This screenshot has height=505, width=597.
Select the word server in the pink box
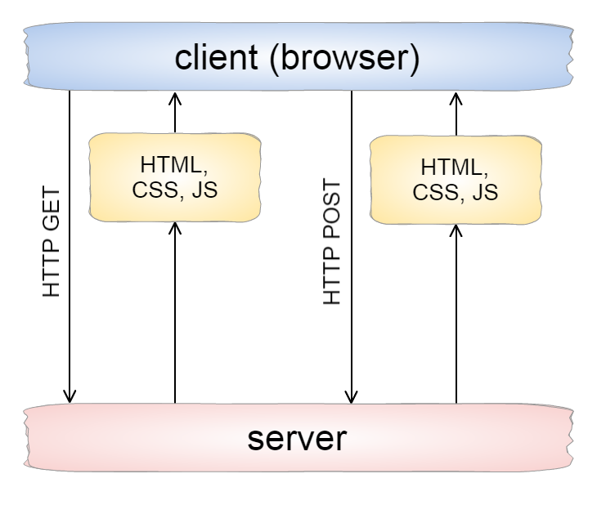point(297,439)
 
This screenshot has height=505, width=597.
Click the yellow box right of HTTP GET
point(175,177)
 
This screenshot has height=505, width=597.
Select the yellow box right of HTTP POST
point(456,180)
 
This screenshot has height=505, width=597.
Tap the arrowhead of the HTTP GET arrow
point(70,396)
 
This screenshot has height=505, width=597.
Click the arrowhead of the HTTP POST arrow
point(352,396)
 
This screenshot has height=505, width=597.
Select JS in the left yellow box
point(205,190)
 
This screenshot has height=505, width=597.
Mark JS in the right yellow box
point(486,193)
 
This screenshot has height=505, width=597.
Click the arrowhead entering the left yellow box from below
point(175,228)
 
